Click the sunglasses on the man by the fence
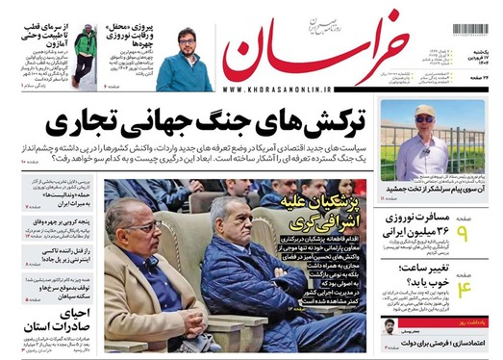point(424,118)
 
